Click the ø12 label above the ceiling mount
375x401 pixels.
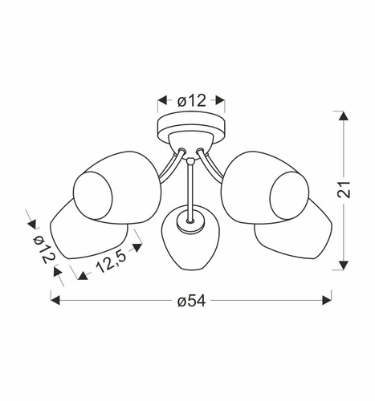click(190, 101)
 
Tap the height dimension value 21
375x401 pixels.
click(344, 191)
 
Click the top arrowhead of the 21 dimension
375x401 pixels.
click(344, 117)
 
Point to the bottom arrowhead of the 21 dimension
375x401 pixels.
click(344, 265)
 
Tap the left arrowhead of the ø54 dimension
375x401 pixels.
click(55, 299)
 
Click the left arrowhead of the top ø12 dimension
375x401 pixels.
click(161, 101)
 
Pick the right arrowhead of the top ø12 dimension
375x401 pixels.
click(221, 101)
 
